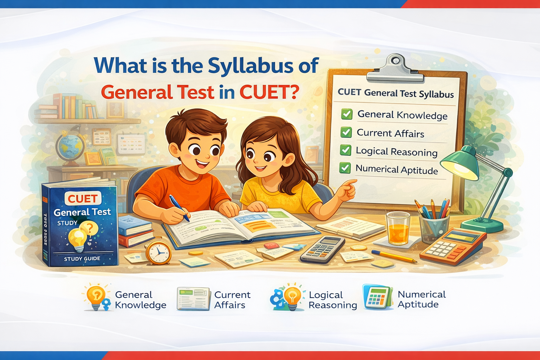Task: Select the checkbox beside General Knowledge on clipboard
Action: tap(347, 114)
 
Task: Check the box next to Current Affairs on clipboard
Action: tap(346, 132)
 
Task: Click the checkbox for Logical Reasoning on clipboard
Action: tap(346, 150)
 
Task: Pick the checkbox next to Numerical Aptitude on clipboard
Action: tap(345, 168)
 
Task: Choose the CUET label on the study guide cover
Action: tap(83, 199)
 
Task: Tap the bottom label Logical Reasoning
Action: tap(332, 300)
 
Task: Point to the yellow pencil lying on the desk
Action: tap(394, 256)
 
